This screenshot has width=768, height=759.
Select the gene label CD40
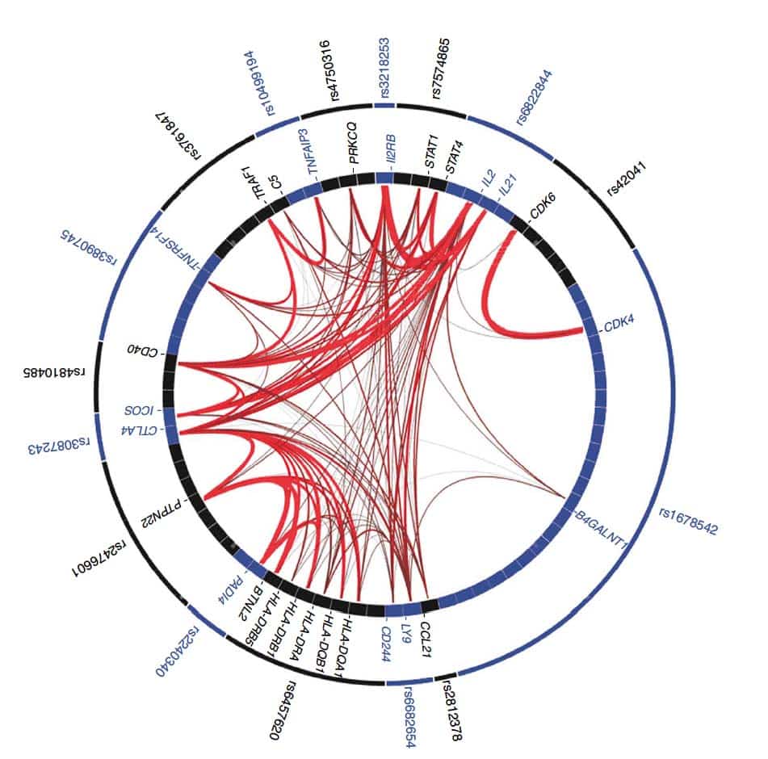coord(143,350)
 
